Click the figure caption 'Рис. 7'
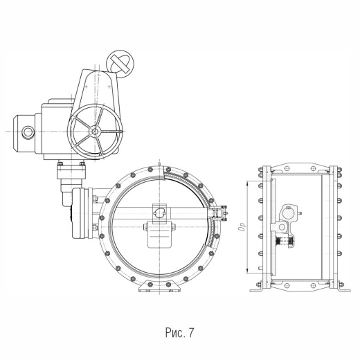(179, 332)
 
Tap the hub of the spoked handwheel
(95, 132)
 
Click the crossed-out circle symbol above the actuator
(120, 64)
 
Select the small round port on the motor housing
(28, 132)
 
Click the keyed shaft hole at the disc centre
(159, 212)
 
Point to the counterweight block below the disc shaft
(159, 235)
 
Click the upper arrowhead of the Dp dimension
(247, 184)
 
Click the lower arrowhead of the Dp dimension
(247, 271)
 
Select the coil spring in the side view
(285, 242)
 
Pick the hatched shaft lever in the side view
(288, 214)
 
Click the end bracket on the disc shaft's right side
(219, 213)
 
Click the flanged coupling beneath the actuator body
(71, 171)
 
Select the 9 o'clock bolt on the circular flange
(102, 218)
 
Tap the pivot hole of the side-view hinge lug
(282, 227)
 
